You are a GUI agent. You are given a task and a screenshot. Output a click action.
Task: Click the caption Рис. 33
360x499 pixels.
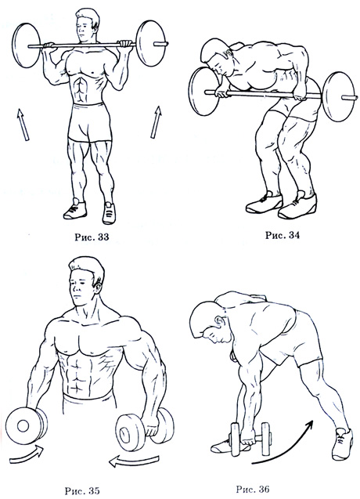click(92, 237)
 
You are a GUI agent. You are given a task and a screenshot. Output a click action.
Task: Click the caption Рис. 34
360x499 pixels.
click(283, 235)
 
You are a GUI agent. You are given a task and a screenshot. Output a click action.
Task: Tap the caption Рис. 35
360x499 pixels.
click(82, 490)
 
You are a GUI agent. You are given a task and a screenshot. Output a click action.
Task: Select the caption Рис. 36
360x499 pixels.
click(253, 489)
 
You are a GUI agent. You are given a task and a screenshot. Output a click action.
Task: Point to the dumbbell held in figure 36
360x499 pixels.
click(251, 439)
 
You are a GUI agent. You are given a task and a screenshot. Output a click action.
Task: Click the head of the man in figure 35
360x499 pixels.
click(85, 280)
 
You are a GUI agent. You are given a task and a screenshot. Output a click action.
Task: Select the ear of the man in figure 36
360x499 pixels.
click(219, 321)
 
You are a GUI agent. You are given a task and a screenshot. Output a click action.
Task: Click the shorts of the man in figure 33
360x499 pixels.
click(90, 122)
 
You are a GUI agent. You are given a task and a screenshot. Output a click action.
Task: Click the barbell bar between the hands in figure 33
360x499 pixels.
click(86, 46)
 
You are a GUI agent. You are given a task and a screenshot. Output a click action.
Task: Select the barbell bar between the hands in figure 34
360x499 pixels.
click(261, 93)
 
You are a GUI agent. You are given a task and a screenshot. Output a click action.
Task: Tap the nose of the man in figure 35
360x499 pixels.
click(77, 287)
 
